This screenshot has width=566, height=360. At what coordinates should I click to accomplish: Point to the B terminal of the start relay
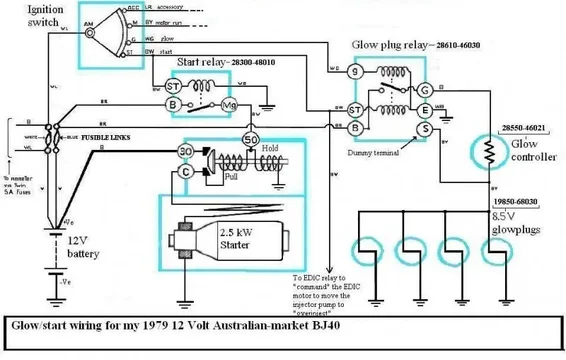172,104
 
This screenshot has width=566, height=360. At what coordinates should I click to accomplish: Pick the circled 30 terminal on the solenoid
186,151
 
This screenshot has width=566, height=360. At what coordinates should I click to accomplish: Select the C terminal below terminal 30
186,171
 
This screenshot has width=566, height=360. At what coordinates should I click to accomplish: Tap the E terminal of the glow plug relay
424,109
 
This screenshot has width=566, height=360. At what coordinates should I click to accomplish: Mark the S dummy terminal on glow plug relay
424,128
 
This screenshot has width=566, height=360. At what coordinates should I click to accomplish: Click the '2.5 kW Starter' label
247,235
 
